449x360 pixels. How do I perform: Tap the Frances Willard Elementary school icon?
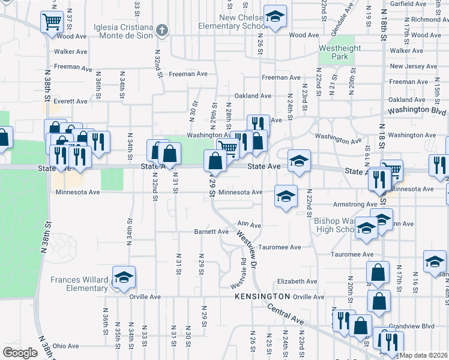tap(124, 277)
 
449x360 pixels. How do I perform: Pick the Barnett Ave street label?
tap(211, 232)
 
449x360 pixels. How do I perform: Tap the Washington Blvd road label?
tap(417, 112)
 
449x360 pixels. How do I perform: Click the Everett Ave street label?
tap(70, 101)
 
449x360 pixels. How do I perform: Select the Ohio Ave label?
tap(65, 346)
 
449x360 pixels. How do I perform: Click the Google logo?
tap(20, 353)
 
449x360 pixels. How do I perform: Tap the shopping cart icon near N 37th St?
tap(52, 22)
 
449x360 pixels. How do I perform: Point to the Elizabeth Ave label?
tap(297, 281)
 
